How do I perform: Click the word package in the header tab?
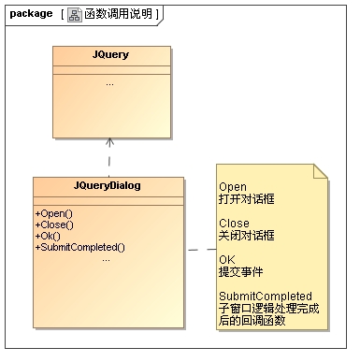click(x=31, y=14)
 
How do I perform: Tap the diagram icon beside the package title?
click(x=75, y=15)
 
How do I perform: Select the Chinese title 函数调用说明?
click(x=118, y=14)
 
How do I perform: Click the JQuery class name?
click(x=110, y=55)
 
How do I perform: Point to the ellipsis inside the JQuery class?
click(x=109, y=84)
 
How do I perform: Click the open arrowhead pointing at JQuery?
click(x=109, y=141)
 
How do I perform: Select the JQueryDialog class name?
click(x=108, y=186)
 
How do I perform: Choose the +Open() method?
click(x=54, y=213)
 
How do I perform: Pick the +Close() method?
click(x=54, y=224)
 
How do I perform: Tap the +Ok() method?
click(x=48, y=236)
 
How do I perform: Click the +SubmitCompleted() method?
click(x=80, y=247)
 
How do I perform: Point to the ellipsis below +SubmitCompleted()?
click(x=106, y=260)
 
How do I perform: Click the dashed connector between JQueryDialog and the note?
click(x=202, y=250)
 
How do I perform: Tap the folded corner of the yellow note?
click(x=321, y=171)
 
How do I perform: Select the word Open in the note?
click(x=233, y=187)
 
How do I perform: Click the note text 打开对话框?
click(x=247, y=199)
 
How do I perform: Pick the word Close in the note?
click(x=234, y=224)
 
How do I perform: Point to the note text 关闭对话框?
click(x=247, y=236)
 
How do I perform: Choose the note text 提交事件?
click(x=240, y=272)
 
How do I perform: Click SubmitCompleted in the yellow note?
click(x=266, y=297)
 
